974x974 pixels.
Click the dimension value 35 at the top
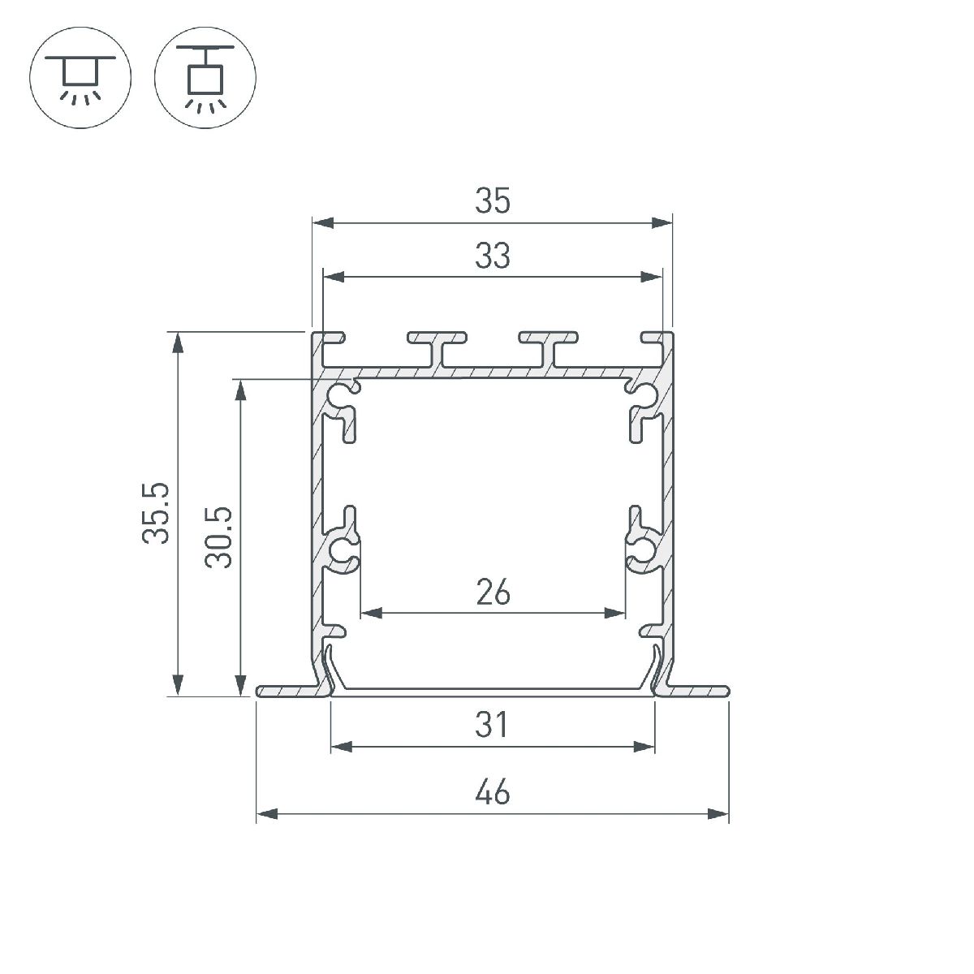[x=493, y=201]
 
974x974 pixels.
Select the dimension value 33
[x=493, y=256]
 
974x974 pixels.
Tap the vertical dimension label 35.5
[x=155, y=512]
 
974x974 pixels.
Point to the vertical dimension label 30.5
[x=219, y=537]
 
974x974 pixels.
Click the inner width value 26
[x=493, y=593]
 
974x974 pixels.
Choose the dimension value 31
[x=493, y=725]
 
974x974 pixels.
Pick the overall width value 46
[x=493, y=791]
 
